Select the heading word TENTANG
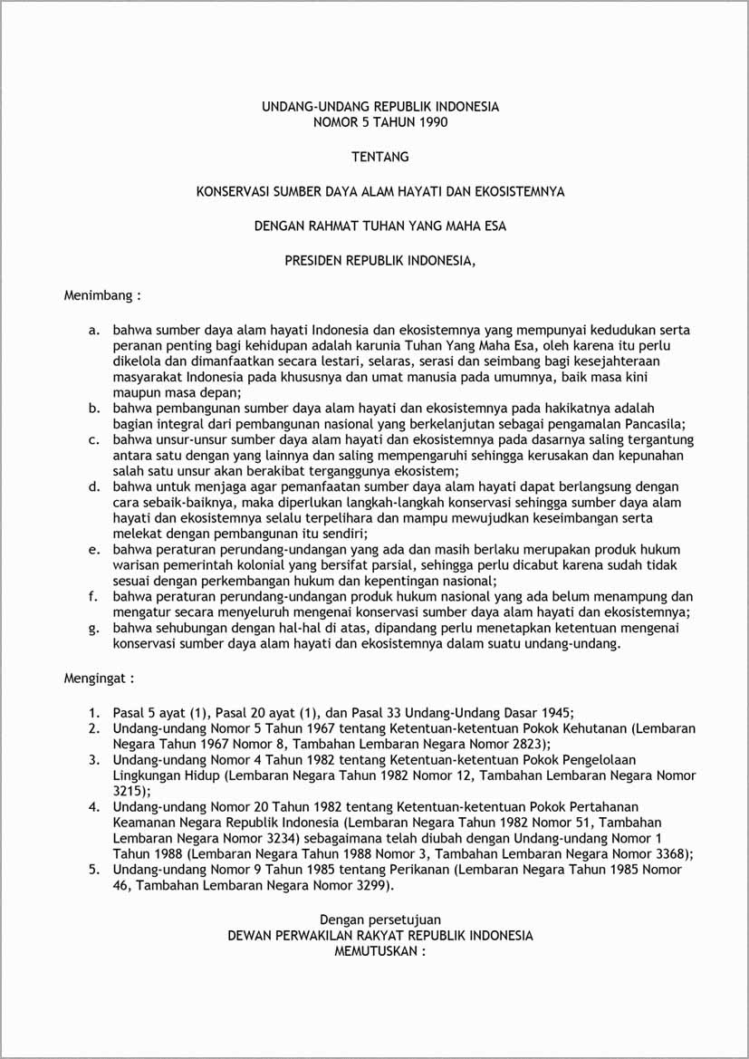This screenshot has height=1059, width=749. [x=380, y=157]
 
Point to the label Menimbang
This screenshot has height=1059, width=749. [x=99, y=295]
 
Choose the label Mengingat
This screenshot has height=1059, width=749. [x=97, y=677]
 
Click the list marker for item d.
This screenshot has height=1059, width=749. [x=93, y=486]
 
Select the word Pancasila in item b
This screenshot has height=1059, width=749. [x=652, y=423]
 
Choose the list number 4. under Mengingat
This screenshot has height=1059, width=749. [x=93, y=806]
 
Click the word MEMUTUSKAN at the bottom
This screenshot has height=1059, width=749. [x=376, y=951]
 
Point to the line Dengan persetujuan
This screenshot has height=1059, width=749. [x=380, y=919]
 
